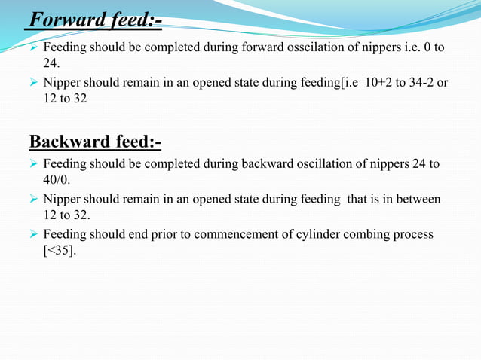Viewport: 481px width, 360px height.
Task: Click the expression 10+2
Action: (366, 82)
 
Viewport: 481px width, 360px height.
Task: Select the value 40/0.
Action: (58, 181)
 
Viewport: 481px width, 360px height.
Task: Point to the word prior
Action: (158, 234)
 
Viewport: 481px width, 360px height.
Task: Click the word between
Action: (417, 199)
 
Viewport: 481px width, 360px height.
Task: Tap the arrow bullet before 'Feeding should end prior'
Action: (33, 234)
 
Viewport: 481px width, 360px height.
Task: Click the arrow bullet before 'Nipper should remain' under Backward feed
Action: (33, 199)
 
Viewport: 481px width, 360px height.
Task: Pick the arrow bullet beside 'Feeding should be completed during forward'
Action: (33, 47)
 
